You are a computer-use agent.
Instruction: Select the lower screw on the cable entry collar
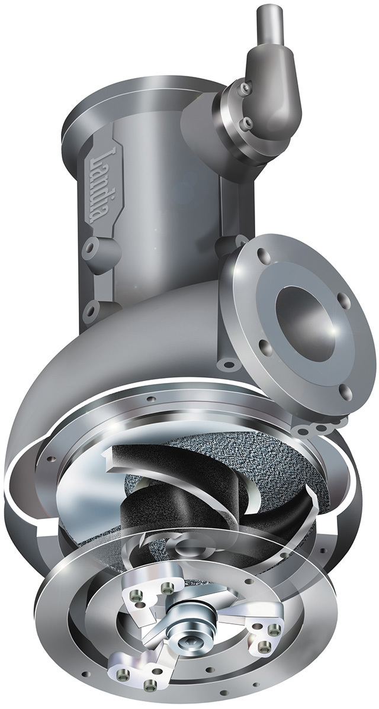coord(246,123)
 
